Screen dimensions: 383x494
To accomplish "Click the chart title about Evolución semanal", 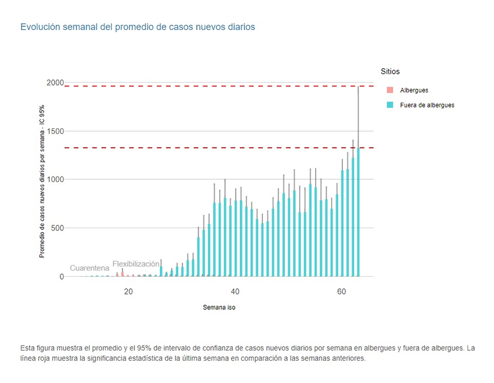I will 137,27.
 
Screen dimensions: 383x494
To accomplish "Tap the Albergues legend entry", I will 414,90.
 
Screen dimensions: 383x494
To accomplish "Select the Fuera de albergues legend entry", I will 427,105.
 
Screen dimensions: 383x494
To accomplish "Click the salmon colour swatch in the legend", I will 390,90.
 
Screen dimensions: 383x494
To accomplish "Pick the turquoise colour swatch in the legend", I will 390,105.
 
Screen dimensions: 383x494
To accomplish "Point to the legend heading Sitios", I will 390,71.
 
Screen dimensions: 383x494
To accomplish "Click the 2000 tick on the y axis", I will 55,83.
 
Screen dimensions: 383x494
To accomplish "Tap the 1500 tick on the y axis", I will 55,131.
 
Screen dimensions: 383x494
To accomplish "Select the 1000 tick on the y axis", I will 55,179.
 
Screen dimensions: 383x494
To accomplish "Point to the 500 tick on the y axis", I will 57,228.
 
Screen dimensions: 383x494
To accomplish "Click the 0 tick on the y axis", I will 62,276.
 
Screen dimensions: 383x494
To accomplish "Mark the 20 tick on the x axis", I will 128,292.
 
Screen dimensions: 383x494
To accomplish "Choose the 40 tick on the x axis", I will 235,292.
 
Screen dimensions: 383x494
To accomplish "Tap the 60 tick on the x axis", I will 341,292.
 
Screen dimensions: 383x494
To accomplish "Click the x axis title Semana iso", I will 219,308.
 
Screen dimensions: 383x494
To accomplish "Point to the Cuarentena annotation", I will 90,268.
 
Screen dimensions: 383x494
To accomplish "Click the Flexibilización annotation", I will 136,264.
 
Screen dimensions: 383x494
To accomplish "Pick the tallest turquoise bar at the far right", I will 358,216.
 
